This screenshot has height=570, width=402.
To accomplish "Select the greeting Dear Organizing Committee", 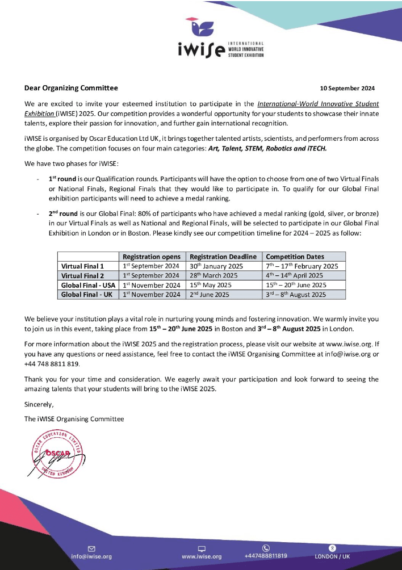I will [x=71, y=88].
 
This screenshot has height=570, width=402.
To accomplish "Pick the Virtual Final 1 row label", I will [x=83, y=266].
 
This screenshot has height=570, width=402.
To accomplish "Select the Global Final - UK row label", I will [x=88, y=295].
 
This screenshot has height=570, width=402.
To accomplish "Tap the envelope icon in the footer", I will [x=91, y=548].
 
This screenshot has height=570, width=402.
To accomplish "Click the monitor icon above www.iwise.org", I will [x=201, y=548].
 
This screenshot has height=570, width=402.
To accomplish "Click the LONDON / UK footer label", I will [x=333, y=556].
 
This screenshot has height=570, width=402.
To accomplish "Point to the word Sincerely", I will [x=39, y=405].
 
